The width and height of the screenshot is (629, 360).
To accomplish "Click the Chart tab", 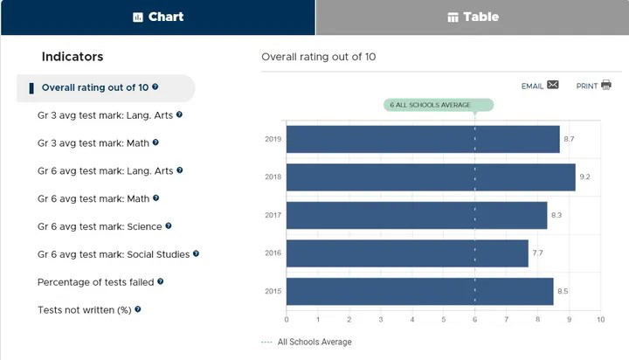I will (157, 17).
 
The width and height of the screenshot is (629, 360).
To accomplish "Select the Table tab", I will (473, 17).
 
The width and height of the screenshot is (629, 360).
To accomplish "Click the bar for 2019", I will (423, 139).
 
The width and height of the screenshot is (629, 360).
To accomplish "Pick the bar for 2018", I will (431, 177).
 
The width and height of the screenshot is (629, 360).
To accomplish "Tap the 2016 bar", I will (407, 253).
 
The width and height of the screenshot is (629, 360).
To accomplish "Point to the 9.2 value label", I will (585, 177).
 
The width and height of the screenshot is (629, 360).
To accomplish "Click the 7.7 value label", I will (538, 253).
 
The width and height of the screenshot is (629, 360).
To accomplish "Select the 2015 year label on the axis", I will (273, 292).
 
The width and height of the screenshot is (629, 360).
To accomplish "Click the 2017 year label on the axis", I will (273, 216).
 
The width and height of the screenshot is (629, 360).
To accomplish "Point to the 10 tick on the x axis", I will (600, 320).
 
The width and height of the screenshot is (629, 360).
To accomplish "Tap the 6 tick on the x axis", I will (474, 320).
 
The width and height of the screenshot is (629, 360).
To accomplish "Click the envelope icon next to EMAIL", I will (553, 86).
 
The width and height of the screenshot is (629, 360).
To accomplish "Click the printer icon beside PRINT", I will (606, 86).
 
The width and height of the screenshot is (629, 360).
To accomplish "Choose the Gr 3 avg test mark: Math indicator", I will (93, 142).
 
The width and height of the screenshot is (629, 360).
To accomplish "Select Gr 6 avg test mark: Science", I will (100, 226).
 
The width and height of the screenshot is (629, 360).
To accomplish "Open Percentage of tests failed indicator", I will (95, 282).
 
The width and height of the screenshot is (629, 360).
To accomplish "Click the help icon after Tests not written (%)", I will (138, 309).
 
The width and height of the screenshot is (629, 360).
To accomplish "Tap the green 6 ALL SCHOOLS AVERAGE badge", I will (439, 105).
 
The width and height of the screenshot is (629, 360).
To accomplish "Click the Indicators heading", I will (73, 57).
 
